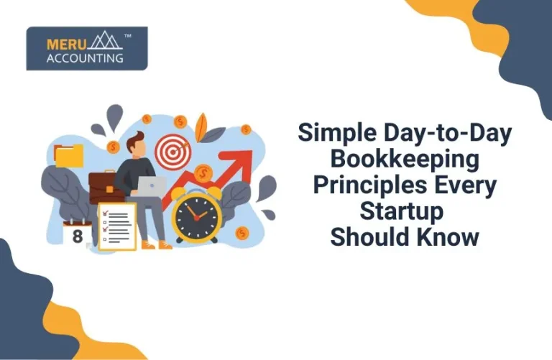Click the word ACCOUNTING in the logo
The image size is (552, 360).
[x=84, y=57]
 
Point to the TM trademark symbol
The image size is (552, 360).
[x=128, y=34]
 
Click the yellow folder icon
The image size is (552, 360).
[x=69, y=154]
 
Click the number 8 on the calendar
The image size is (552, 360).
[x=78, y=235]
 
